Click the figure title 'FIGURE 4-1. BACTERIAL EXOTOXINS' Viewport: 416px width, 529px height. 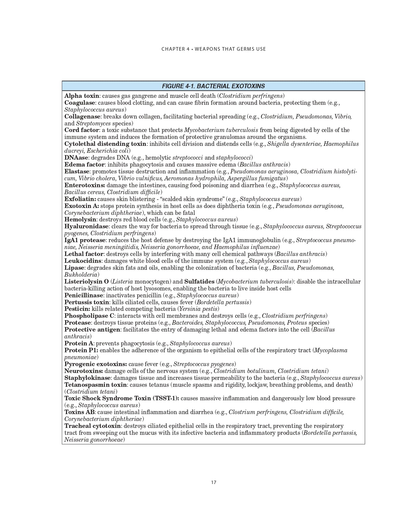click(213, 86)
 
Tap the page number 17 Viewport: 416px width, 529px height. click(213, 482)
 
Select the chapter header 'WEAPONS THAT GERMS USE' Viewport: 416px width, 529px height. click(230, 49)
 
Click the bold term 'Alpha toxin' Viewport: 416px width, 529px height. click(82, 96)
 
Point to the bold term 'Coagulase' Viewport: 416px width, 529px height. click(79, 103)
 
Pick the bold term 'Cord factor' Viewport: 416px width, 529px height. click(82, 130)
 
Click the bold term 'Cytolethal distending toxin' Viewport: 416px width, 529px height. click(105, 144)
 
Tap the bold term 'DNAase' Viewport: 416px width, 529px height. click(76, 158)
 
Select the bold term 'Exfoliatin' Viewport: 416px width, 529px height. click(80, 199)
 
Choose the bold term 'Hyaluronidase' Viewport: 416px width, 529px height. click(86, 226)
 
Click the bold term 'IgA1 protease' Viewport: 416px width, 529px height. click(85, 240)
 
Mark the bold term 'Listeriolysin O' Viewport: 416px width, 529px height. click(87, 281)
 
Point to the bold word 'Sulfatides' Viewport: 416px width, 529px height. click(199, 281)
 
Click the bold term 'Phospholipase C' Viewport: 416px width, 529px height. click(90, 316)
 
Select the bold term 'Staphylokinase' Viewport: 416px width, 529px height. click(87, 378)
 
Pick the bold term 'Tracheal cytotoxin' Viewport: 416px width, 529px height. click(93, 426)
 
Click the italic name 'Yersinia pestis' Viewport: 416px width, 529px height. click(198, 309)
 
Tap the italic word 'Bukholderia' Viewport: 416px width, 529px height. click(81, 275)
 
